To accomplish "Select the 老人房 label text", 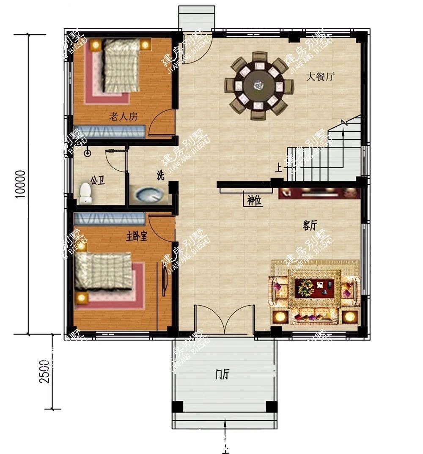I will (124, 117).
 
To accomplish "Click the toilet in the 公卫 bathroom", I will (86, 192).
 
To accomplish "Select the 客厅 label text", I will (310, 226).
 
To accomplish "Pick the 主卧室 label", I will (136, 237).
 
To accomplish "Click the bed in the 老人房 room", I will (120, 68).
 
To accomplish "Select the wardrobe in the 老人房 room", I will (110, 131).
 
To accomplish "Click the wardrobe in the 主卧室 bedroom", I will (110, 219).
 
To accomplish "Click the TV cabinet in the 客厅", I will (319, 193).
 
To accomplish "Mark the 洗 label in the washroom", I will (160, 177).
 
